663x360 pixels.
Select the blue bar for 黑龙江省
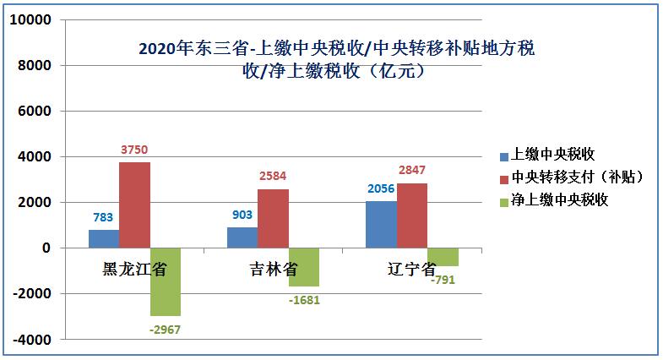[x=104, y=238]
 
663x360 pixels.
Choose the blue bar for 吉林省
[x=242, y=237]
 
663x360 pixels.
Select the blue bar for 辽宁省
[x=381, y=225]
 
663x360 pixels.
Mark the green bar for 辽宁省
[x=443, y=257]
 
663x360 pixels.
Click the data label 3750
[x=135, y=150]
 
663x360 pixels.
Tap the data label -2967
[x=166, y=329]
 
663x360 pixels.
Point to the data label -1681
[x=304, y=299]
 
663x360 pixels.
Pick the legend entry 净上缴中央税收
[x=559, y=200]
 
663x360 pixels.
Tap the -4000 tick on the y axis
[x=32, y=340]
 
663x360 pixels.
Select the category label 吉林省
[x=273, y=270]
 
